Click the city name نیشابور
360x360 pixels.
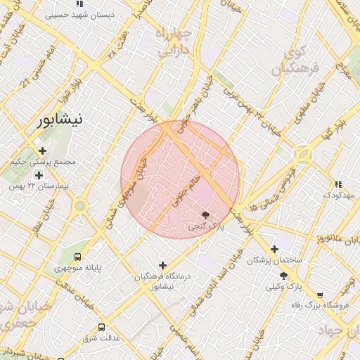[62, 120]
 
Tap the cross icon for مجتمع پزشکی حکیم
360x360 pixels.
[43, 150]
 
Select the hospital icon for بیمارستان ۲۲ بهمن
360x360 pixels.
[39, 174]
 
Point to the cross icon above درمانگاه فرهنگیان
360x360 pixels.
[163, 265]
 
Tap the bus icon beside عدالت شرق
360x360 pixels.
[102, 327]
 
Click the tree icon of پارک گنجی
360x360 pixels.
[205, 215]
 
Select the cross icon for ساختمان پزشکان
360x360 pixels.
[274, 249]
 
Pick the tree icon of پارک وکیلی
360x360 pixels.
[283, 276]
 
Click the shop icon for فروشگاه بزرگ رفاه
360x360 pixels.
[321, 295]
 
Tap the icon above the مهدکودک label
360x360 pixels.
[338, 184]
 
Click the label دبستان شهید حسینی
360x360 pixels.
[76, 13]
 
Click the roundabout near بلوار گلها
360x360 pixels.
[304, 153]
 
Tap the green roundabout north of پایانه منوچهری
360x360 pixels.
[79, 206]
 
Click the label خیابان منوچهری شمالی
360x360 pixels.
[127, 190]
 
